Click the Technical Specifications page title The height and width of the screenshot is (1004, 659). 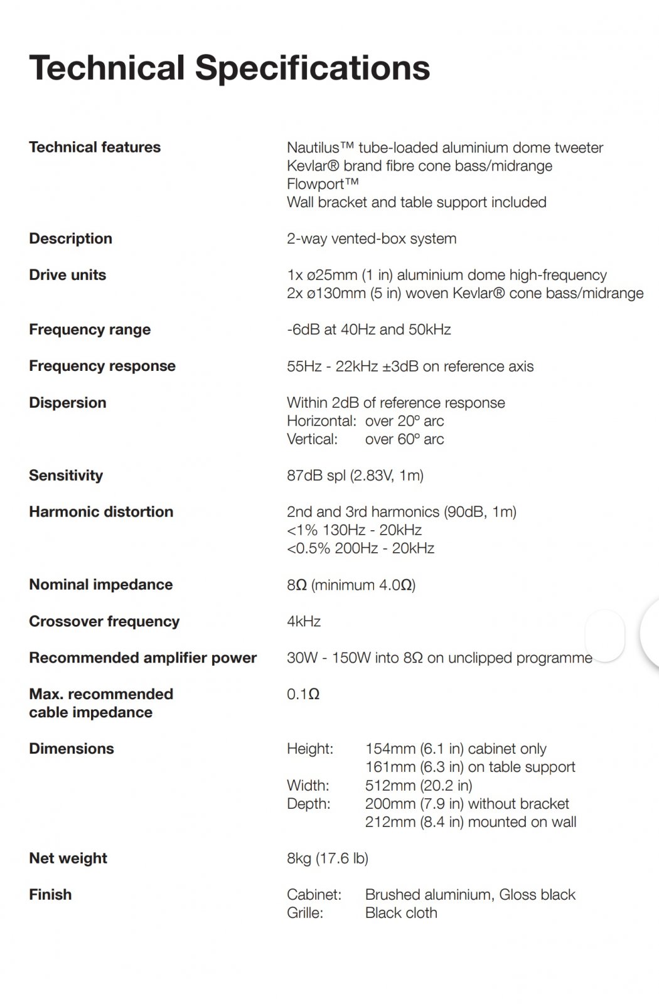(x=229, y=68)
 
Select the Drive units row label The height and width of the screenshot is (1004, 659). (x=67, y=275)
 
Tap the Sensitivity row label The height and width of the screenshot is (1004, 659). (x=65, y=475)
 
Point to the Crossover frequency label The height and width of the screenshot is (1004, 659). (x=104, y=621)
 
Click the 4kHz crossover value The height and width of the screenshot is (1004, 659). (x=304, y=621)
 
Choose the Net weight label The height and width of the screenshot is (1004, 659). (x=68, y=858)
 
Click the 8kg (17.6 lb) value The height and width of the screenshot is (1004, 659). (x=328, y=858)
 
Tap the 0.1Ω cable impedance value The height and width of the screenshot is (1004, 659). (x=303, y=694)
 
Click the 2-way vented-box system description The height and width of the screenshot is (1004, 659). (x=372, y=238)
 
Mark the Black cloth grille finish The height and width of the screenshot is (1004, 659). (x=401, y=912)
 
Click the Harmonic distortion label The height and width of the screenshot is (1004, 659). (x=101, y=511)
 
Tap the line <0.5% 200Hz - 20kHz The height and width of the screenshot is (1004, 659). (x=361, y=548)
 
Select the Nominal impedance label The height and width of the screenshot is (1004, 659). (x=100, y=584)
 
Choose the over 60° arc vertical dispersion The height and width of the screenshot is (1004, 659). (x=404, y=439)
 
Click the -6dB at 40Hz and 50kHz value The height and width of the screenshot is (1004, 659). (x=369, y=329)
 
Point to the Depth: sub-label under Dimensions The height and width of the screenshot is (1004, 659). (x=308, y=803)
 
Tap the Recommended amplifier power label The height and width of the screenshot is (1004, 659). (x=142, y=658)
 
